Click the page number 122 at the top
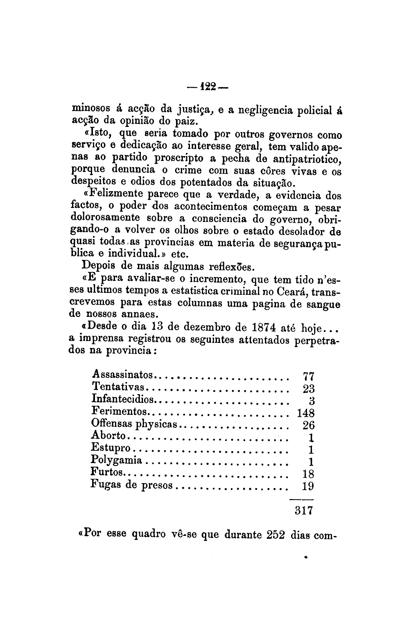[x=209, y=87]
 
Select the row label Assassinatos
[x=123, y=374]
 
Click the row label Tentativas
[x=118, y=386]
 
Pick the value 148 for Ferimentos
[x=305, y=413]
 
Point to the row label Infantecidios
[x=123, y=398]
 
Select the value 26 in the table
[x=308, y=425]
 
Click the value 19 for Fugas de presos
[x=308, y=486]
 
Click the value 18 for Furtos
[x=308, y=474]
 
